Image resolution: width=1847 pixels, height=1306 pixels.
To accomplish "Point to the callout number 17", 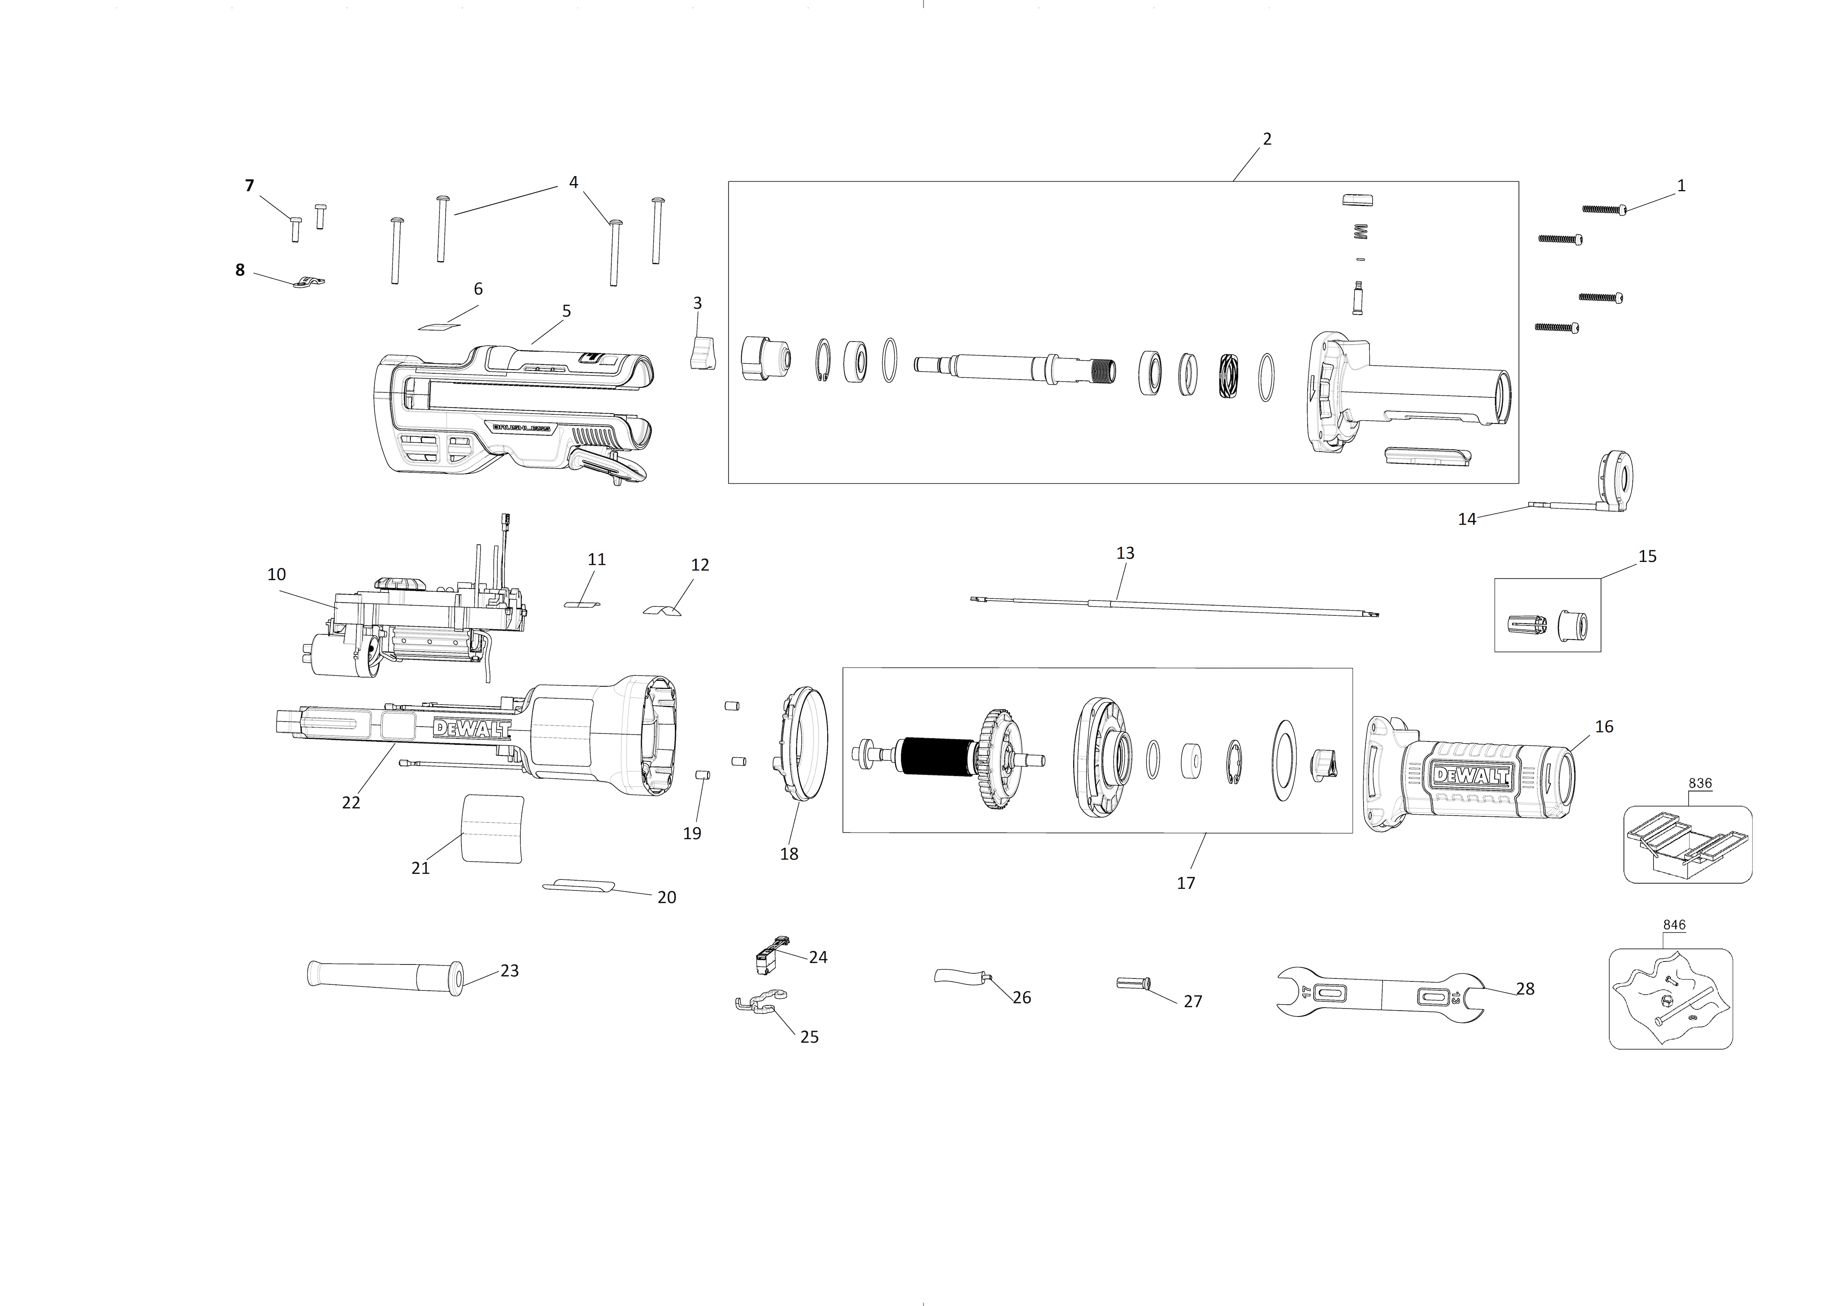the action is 1186,883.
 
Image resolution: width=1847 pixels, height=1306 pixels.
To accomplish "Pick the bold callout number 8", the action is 240,270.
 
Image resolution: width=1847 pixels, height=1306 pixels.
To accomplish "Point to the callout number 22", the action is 351,803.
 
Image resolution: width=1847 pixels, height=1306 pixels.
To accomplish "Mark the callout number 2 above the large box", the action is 1267,139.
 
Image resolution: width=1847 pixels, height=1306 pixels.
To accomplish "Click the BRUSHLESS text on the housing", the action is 521,429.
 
